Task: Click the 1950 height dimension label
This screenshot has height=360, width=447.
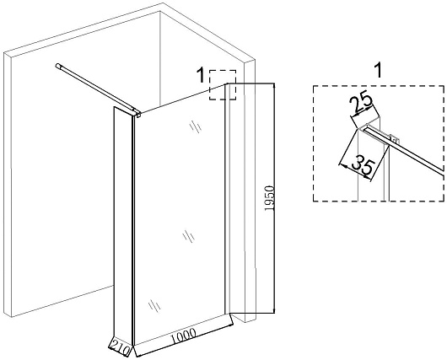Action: (269, 198)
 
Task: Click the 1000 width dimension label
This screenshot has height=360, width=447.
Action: (183, 336)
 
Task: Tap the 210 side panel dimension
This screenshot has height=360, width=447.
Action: (120, 347)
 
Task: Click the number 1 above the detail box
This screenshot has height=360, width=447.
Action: (378, 71)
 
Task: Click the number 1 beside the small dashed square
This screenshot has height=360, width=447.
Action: (201, 76)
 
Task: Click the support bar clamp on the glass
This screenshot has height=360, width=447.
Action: (138, 115)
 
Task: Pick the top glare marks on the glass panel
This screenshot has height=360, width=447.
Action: (196, 126)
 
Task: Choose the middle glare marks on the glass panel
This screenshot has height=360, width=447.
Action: (188, 236)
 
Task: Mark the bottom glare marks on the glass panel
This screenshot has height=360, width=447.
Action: (154, 305)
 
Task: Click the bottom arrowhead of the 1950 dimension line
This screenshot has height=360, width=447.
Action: (274, 311)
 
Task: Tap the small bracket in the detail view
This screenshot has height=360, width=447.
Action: (394, 139)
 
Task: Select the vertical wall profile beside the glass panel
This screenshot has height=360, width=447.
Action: (227, 199)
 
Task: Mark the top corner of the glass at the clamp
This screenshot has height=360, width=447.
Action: (142, 113)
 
